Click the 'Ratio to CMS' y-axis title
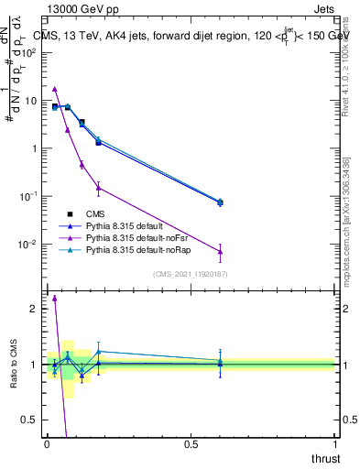point(14,364)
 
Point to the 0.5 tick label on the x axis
point(191,442)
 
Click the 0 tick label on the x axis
point(47,442)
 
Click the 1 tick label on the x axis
point(334,442)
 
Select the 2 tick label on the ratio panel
point(34,309)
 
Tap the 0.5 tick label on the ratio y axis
point(29,420)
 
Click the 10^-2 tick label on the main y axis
point(27,245)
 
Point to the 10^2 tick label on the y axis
point(29,53)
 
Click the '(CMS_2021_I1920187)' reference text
point(190,273)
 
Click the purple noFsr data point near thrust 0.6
point(220,252)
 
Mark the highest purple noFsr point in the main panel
point(55,89)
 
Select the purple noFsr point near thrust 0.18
point(99,188)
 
